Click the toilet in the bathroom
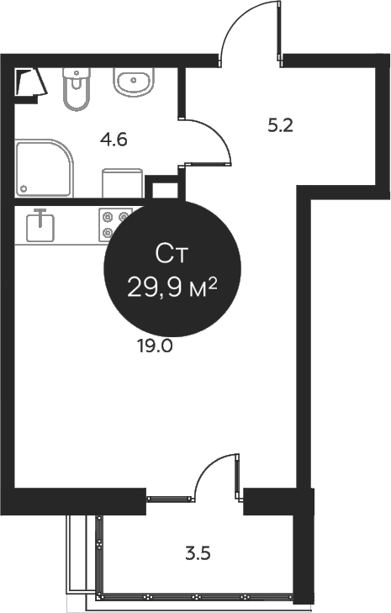76,88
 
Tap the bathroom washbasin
133,82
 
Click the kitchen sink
40,226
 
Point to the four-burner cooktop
114,223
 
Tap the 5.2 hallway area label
280,126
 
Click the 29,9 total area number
157,288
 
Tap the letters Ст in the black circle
172,252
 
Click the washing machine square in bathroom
122,183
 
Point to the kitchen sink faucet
39,214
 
